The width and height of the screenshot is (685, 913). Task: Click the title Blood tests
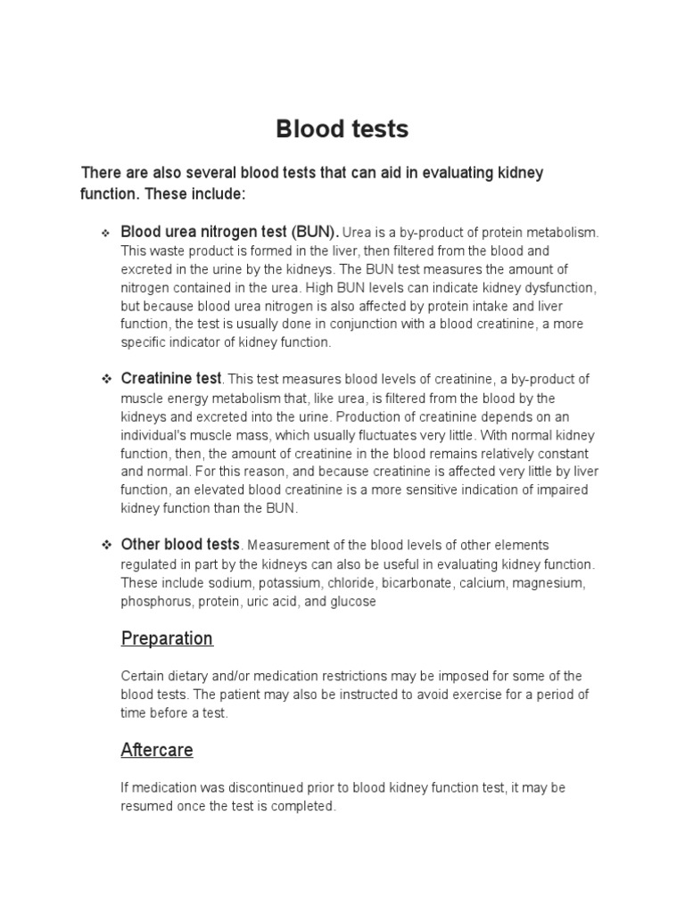(x=342, y=129)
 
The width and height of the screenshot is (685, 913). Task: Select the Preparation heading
(x=167, y=638)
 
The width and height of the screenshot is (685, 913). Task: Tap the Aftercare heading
(x=157, y=750)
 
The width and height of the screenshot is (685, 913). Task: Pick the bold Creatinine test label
(x=170, y=379)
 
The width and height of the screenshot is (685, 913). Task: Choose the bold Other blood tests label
(x=180, y=544)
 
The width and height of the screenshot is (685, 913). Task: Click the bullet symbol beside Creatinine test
(x=105, y=380)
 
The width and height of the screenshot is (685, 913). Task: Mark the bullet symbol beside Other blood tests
(x=105, y=545)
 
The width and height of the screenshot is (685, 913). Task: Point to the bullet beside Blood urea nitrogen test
(x=105, y=233)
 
